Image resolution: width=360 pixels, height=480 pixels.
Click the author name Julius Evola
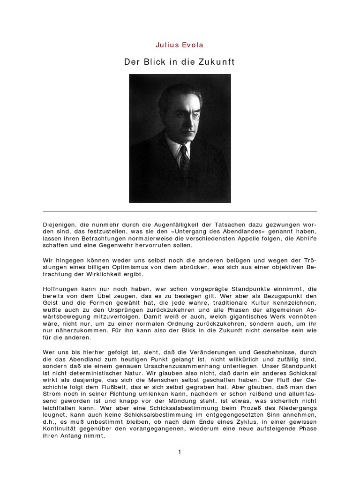click(x=180, y=45)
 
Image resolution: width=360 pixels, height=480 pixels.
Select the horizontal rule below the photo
click(x=180, y=211)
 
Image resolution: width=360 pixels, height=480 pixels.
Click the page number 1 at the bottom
click(x=180, y=452)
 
